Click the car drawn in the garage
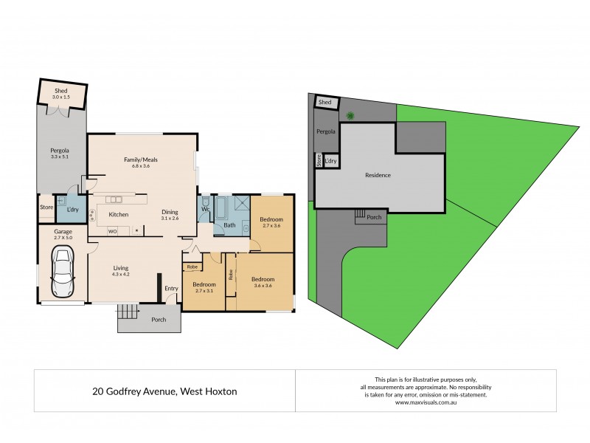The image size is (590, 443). click(61, 272)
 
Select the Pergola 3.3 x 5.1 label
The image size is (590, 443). click(59, 153)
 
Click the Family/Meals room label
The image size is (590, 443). click(140, 162)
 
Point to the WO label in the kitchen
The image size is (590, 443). click(113, 231)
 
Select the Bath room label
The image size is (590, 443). click(229, 225)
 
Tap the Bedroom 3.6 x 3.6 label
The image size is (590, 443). click(263, 283)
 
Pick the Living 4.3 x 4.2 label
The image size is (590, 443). click(121, 271)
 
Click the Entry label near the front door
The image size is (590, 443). click(171, 289)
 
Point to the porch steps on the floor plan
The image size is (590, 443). click(128, 312)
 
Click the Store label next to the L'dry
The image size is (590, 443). click(46, 207)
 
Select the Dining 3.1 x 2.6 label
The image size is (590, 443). click(170, 215)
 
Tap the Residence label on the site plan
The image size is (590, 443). click(378, 175)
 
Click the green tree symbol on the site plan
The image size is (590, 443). click(351, 114)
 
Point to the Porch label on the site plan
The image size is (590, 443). click(374, 218)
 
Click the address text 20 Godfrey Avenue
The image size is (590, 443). click(164, 391)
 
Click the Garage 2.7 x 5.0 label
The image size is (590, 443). click(62, 235)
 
